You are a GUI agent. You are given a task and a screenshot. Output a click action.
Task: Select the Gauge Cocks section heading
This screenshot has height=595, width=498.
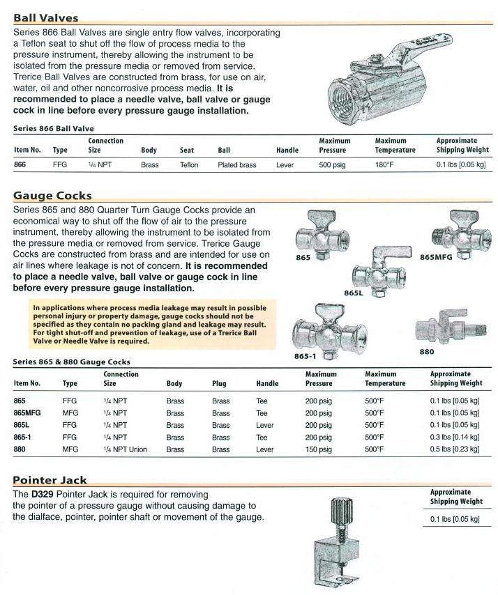52,196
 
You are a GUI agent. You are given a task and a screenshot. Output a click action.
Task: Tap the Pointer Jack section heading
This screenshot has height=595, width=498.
50,480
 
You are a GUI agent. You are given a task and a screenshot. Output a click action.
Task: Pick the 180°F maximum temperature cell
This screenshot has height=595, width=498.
385,165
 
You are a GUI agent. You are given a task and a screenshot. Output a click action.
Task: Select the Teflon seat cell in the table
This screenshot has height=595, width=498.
189,165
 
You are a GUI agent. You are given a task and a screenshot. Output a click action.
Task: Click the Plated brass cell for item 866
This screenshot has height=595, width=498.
237,165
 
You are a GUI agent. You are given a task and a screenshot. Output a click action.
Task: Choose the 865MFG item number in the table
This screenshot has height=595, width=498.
28,412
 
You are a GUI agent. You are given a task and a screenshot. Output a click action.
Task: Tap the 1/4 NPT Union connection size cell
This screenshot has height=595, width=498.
126,449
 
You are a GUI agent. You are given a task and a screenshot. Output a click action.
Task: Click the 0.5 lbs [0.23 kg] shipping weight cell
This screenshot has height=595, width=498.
455,449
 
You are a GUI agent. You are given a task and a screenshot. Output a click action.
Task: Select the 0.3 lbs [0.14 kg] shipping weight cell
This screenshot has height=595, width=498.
455,438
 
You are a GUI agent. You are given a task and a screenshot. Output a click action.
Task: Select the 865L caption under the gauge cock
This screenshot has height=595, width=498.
354,293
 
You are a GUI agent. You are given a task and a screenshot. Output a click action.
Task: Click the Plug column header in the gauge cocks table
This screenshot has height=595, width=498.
219,383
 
